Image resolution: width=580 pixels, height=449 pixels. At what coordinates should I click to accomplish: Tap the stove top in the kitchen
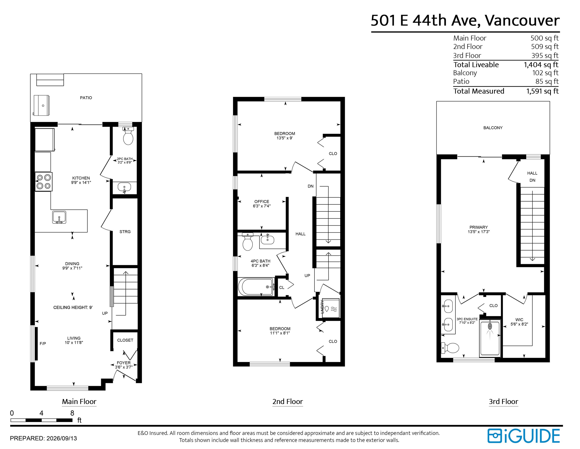coord(44,182)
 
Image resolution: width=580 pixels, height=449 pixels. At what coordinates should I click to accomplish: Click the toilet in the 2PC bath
coord(128,136)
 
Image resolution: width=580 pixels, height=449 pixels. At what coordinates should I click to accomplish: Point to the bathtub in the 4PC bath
coord(256,287)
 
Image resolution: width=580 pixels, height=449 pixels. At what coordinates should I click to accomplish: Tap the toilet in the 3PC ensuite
coord(450,348)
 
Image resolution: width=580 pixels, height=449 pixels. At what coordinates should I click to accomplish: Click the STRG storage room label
coord(125,232)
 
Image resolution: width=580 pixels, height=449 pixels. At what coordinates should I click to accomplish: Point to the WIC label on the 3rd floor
coord(519,320)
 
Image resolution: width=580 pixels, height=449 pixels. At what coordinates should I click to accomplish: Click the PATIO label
coord(86,98)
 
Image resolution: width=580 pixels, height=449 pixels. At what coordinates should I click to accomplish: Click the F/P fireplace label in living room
coord(43,344)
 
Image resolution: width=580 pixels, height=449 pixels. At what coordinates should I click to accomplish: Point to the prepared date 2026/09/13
coord(62,438)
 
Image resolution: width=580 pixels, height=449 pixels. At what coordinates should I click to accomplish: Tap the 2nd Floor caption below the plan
coord(288,401)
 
